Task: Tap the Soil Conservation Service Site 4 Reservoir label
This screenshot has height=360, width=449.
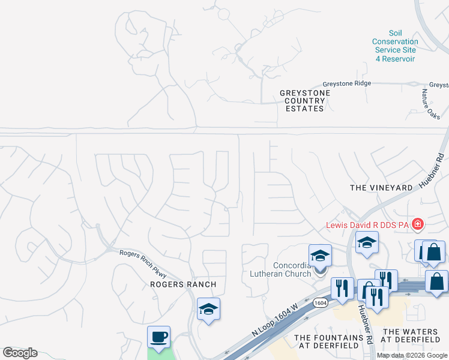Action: (394, 47)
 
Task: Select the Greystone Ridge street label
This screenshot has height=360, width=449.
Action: (347, 84)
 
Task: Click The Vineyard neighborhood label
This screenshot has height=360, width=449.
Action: (381, 188)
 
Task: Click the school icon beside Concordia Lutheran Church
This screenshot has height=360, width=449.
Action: (320, 256)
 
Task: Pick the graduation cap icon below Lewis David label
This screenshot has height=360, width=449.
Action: (367, 242)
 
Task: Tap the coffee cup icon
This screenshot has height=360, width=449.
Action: (159, 337)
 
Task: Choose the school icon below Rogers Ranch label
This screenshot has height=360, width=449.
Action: (208, 309)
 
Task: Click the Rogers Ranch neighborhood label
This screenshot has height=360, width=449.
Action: (182, 284)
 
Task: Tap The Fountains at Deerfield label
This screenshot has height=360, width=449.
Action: (328, 342)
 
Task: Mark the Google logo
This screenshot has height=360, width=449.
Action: (20, 353)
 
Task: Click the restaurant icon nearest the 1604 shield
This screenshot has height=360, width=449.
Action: (342, 289)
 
